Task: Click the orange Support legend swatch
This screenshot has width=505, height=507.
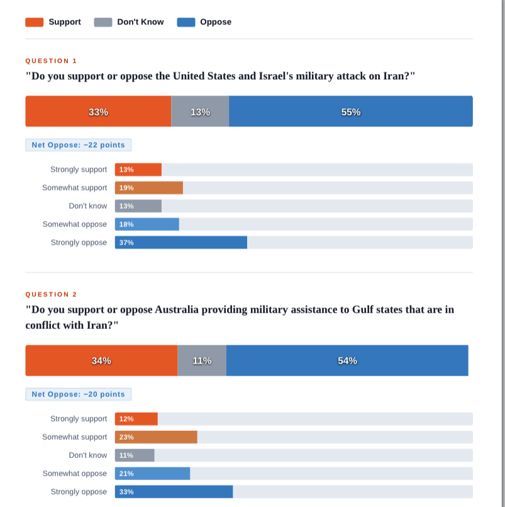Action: tap(34, 22)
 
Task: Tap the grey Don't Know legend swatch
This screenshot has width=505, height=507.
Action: tap(103, 22)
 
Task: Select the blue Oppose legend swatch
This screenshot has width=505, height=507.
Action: tap(186, 22)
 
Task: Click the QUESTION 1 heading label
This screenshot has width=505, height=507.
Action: tap(51, 61)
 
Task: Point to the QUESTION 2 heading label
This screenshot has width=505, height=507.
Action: tap(51, 294)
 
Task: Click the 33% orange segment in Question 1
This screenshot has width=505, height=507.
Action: tap(98, 111)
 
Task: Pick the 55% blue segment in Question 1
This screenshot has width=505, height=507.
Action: tap(351, 111)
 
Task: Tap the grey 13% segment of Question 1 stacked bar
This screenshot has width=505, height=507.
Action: tap(200, 111)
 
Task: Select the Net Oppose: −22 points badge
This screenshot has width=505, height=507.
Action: tap(78, 145)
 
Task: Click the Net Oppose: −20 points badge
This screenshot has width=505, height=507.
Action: tap(78, 394)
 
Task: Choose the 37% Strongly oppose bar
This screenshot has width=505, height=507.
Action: tap(181, 243)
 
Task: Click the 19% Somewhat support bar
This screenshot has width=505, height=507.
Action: tap(149, 188)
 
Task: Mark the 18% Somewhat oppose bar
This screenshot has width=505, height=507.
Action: tap(147, 225)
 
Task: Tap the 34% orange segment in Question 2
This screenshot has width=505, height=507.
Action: tap(101, 360)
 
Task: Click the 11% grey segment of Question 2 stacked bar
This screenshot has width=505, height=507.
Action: tap(202, 360)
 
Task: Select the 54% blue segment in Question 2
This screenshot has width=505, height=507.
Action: tap(347, 360)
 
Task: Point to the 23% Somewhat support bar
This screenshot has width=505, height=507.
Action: tap(156, 437)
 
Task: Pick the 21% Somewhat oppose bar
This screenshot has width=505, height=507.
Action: tap(153, 474)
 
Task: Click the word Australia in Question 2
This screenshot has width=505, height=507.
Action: tap(177, 309)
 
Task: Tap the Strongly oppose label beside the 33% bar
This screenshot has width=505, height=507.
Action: tap(79, 492)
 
